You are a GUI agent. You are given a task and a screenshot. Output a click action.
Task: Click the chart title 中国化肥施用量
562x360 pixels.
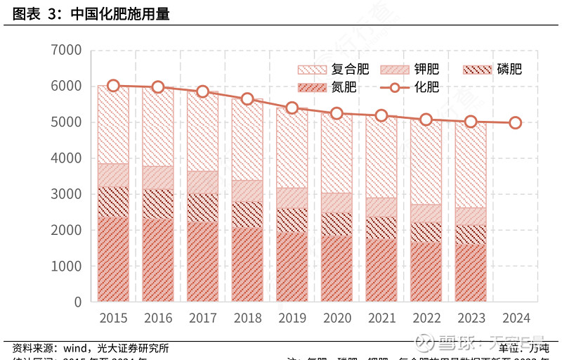point(120,15)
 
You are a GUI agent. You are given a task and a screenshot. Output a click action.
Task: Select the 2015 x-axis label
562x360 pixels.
point(113,319)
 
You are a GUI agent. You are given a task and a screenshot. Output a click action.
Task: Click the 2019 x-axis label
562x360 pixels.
point(292,319)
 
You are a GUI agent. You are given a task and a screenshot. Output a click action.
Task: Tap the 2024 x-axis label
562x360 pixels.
point(516,319)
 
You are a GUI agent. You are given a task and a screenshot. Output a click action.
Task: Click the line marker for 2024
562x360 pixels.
point(516,122)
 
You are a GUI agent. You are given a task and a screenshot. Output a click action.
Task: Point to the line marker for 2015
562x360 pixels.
point(113,86)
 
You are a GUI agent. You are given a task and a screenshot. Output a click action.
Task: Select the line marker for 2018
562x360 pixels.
point(247,99)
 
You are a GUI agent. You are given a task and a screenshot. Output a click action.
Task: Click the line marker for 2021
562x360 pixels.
point(381,115)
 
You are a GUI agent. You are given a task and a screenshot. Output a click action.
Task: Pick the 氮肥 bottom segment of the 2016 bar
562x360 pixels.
point(158,260)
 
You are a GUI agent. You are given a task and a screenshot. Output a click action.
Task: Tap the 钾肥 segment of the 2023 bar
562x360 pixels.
point(471,217)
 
